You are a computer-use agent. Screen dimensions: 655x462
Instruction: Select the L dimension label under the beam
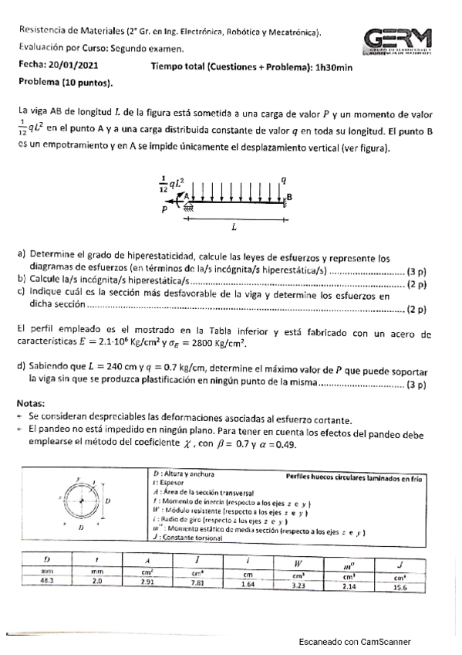pos(234,229)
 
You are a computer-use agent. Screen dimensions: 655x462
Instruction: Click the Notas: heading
pos(31,404)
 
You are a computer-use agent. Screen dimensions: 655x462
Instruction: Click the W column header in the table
pos(298,563)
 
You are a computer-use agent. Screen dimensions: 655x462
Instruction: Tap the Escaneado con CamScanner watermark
pos(355,642)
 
